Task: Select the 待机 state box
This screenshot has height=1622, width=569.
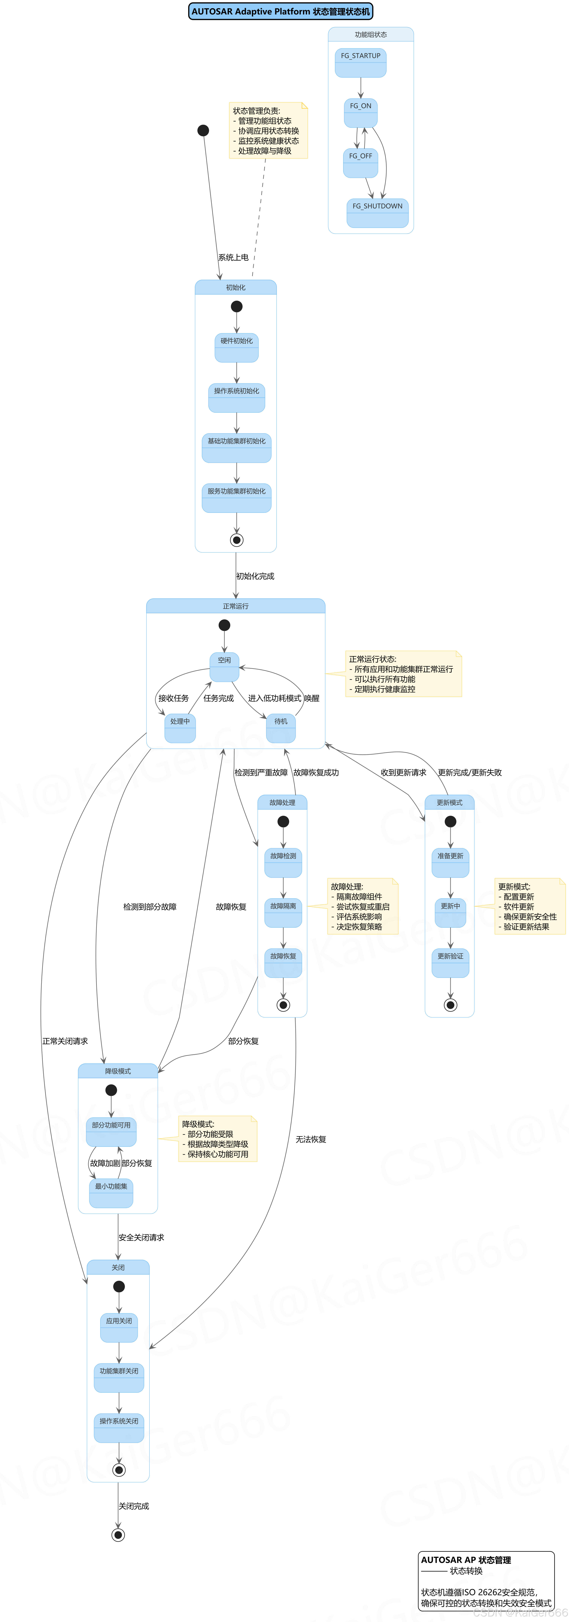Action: pyautogui.click(x=281, y=728)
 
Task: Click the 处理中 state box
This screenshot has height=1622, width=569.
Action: pyautogui.click(x=180, y=728)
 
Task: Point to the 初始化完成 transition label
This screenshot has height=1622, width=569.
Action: pyautogui.click(x=255, y=576)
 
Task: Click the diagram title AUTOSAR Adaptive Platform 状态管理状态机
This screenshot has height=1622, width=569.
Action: pyautogui.click(x=281, y=11)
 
